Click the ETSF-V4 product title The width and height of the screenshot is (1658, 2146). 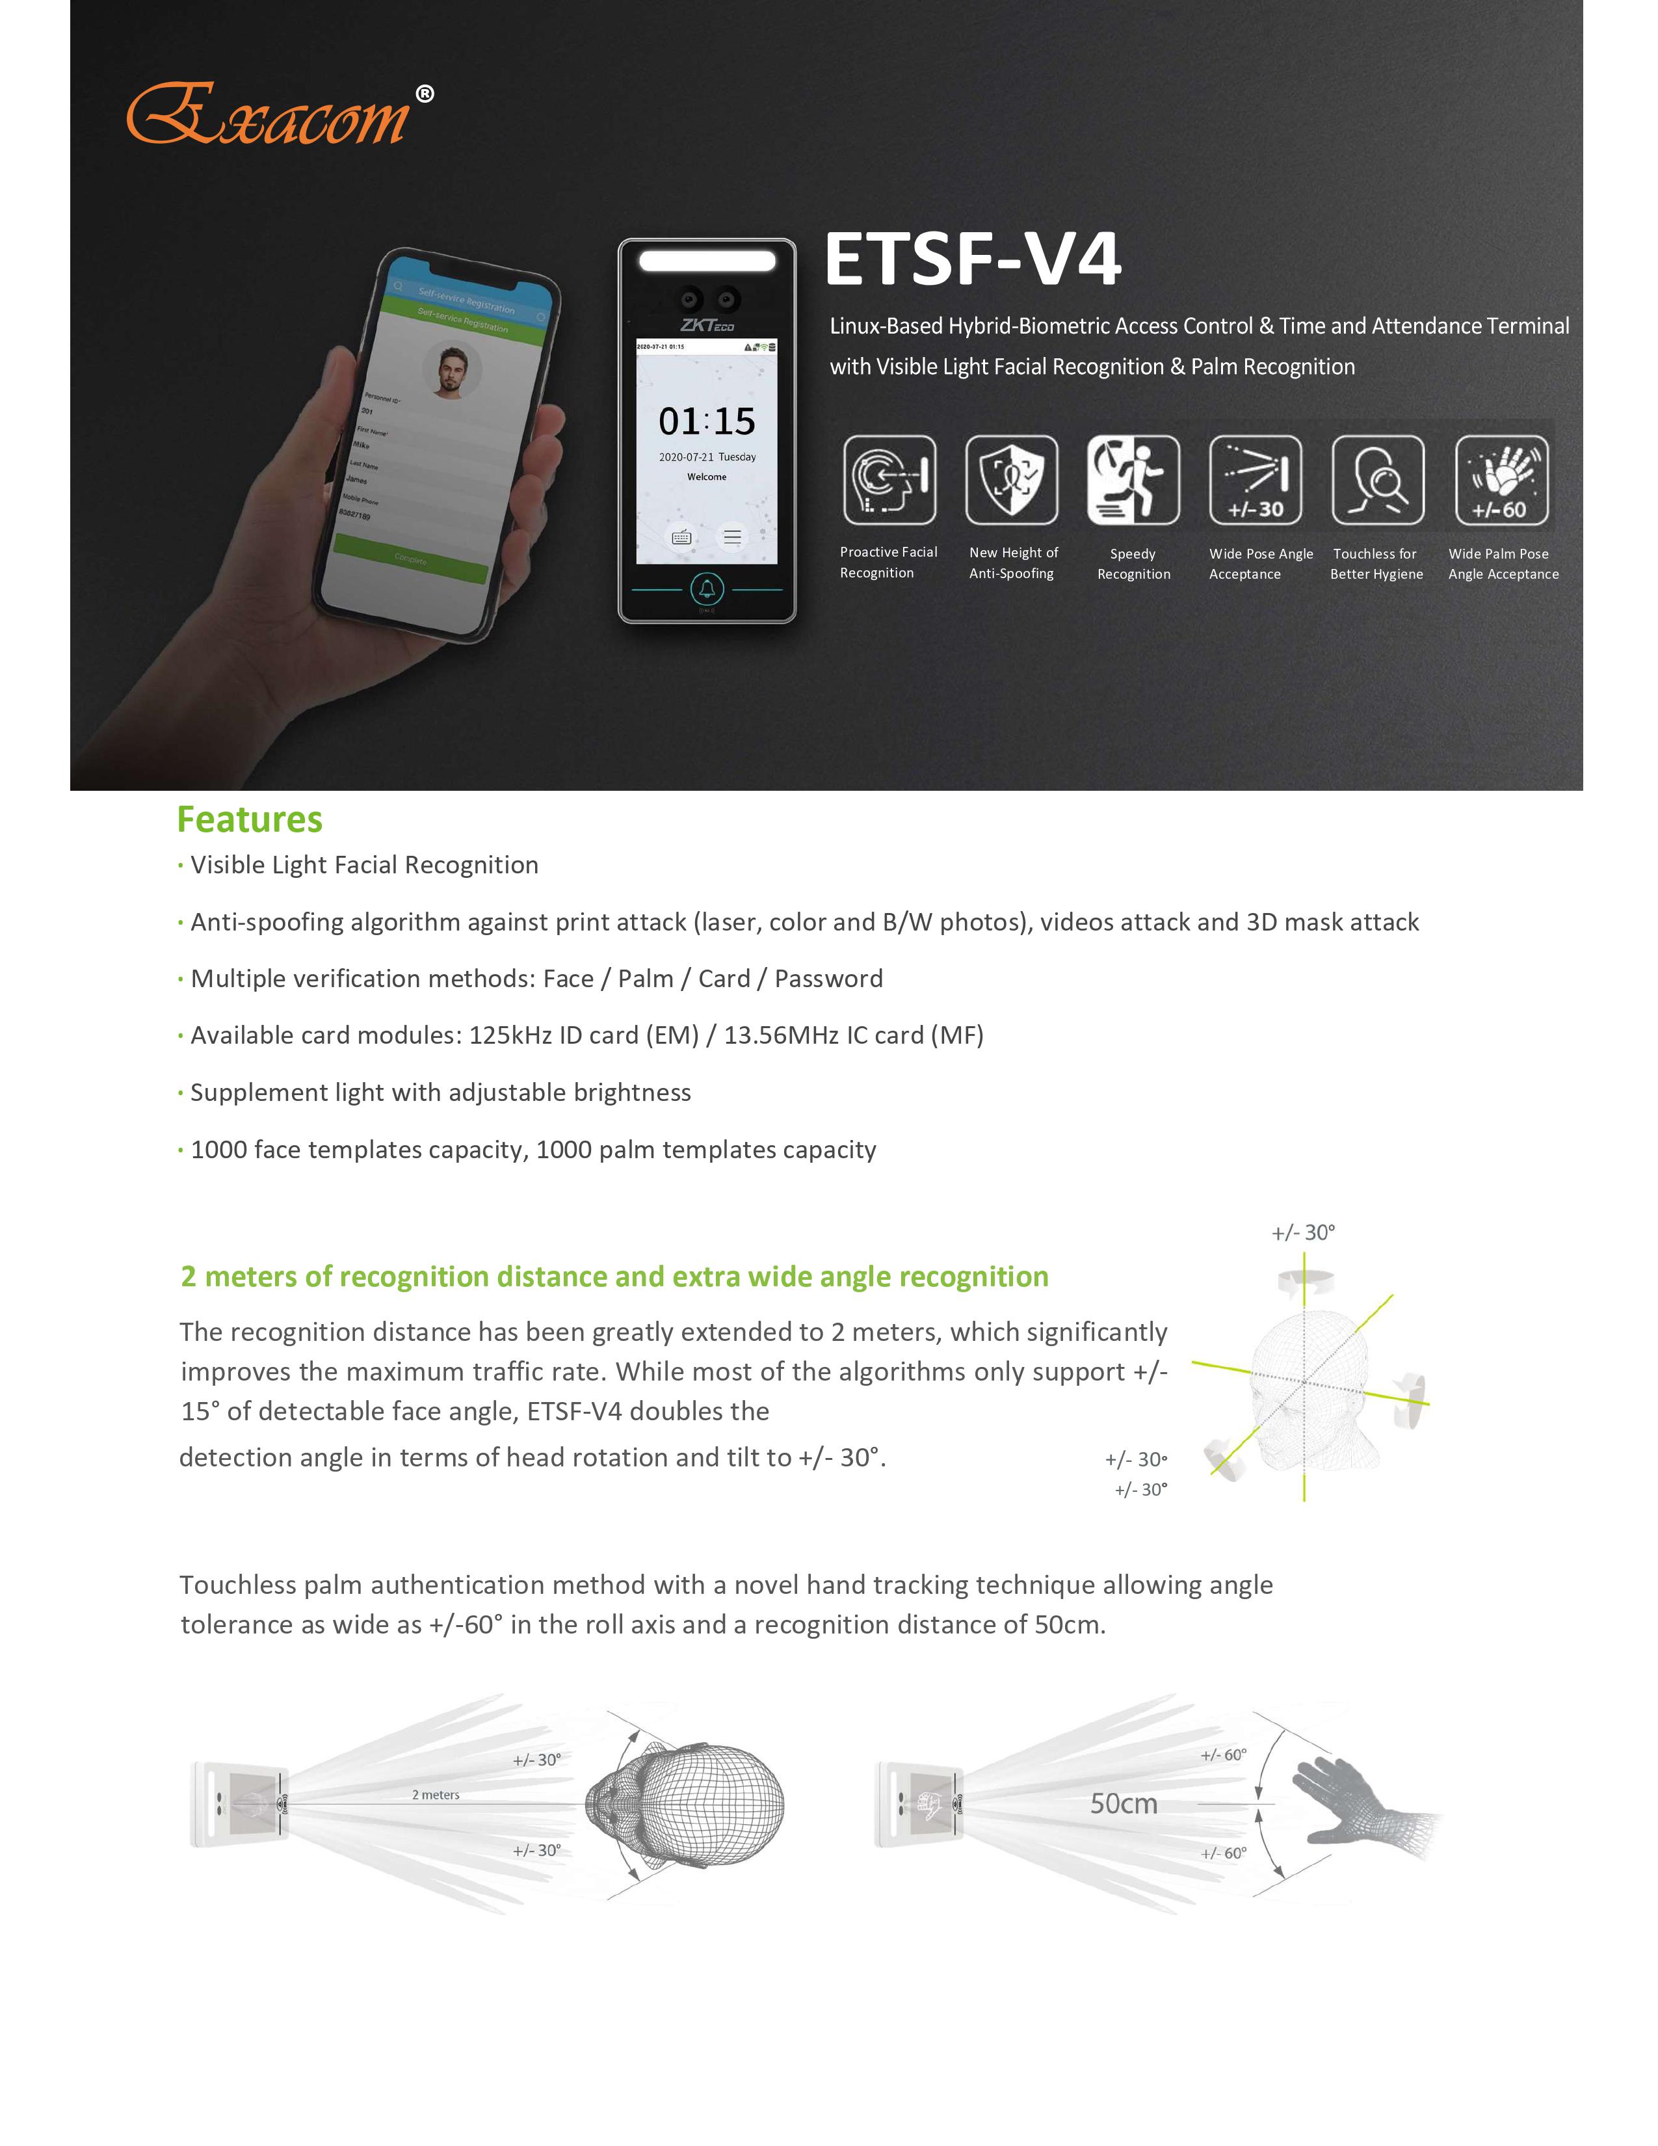(x=973, y=259)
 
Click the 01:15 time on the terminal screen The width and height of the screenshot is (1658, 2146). (x=707, y=421)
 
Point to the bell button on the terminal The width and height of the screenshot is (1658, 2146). (x=707, y=590)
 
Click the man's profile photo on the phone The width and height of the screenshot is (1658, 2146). (x=452, y=371)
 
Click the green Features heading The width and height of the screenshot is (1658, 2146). (x=250, y=819)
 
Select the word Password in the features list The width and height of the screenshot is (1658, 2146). (x=828, y=979)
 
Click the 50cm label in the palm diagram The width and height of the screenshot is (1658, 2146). (x=1124, y=1804)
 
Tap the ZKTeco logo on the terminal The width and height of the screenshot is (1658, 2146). (x=707, y=325)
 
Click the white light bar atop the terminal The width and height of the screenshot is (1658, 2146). (x=707, y=260)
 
